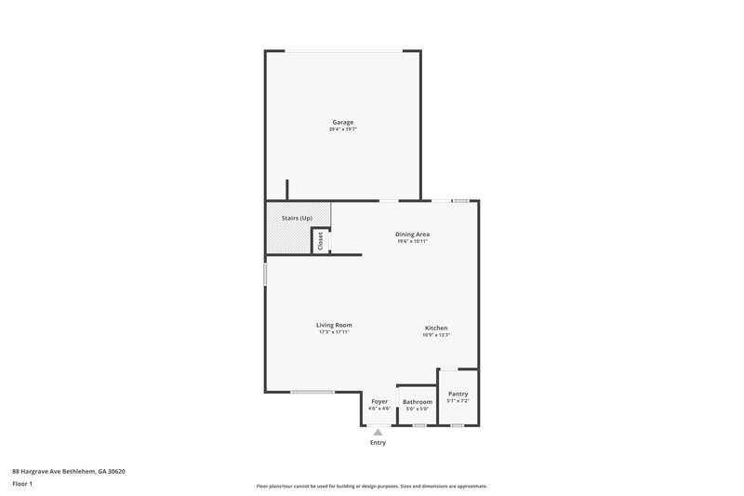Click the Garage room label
coord(343,122)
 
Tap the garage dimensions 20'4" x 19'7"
coord(343,129)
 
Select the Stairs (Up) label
coord(297,218)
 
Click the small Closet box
coord(321,241)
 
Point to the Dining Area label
coord(412,234)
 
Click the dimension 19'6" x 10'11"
coord(412,241)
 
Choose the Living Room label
coord(335,325)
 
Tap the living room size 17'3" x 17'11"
coord(335,332)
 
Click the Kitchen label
coord(436,328)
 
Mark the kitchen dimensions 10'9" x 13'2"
coord(436,335)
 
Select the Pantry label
coord(458,394)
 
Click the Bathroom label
coord(418,401)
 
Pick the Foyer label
coord(379,401)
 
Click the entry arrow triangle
coord(378,432)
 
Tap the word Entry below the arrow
coord(378,443)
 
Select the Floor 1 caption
coord(23,485)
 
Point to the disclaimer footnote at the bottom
coord(372,486)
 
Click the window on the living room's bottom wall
coord(312,393)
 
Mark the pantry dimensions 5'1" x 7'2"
coord(458,401)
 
